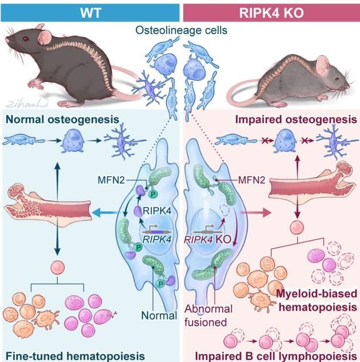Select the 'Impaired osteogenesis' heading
click(x=295, y=120)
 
